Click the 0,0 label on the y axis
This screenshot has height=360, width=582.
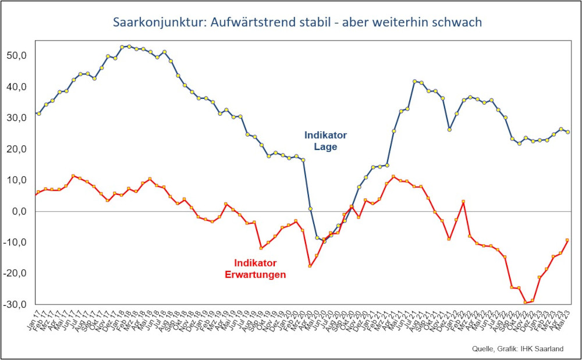point(22,212)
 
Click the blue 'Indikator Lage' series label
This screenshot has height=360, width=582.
point(325,141)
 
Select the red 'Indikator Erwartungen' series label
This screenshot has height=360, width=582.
point(255,268)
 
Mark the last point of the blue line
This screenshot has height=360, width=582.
point(567,132)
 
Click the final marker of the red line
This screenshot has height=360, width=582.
point(567,240)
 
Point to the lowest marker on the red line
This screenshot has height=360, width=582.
point(526,302)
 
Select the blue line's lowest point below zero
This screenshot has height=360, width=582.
point(324,240)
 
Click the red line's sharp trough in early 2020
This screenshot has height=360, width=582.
point(310,266)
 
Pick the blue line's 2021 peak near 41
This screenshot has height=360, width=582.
point(414,82)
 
